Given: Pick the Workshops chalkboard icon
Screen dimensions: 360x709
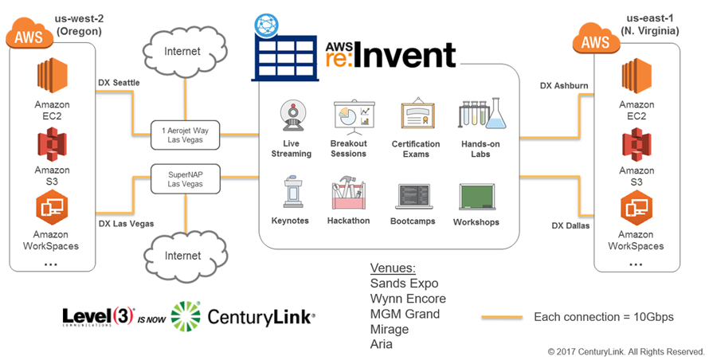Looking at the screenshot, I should pos(476,197).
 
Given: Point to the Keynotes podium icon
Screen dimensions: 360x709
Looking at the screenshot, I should pos(290,194).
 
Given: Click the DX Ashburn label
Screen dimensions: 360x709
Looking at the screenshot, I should pos(568,85).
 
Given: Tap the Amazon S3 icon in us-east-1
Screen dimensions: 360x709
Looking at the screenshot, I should pos(636,145).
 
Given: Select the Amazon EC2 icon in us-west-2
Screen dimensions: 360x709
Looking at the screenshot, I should pos(52,78).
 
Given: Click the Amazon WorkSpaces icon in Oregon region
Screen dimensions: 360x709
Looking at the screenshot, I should pos(52,209).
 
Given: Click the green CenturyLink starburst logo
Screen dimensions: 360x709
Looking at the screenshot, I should pos(186,316).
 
